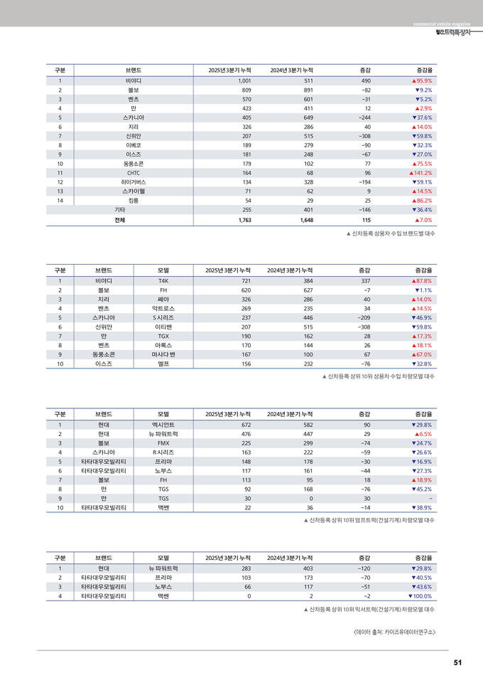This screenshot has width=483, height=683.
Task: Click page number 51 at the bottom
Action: (x=457, y=663)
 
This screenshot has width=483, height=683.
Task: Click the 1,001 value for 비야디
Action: (x=241, y=81)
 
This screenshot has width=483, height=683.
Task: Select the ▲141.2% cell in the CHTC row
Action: (x=420, y=173)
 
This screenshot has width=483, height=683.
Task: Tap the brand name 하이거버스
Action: (x=133, y=182)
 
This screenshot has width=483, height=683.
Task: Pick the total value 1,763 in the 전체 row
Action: (x=241, y=221)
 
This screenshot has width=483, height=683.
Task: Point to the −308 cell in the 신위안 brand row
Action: (x=364, y=136)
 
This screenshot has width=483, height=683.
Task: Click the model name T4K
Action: (x=163, y=281)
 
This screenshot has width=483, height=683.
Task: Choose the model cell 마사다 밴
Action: (x=163, y=354)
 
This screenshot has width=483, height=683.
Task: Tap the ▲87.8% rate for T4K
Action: (x=421, y=281)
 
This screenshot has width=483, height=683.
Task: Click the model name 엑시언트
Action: (x=163, y=425)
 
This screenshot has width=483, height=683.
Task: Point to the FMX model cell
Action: (x=163, y=443)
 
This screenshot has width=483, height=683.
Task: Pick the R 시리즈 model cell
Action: (x=163, y=452)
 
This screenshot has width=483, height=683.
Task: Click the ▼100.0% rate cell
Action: (x=419, y=596)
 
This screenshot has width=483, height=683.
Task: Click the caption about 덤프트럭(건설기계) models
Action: (x=369, y=520)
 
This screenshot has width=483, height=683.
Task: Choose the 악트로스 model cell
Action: (x=163, y=309)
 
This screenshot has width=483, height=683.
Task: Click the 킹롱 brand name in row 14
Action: (x=133, y=201)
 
